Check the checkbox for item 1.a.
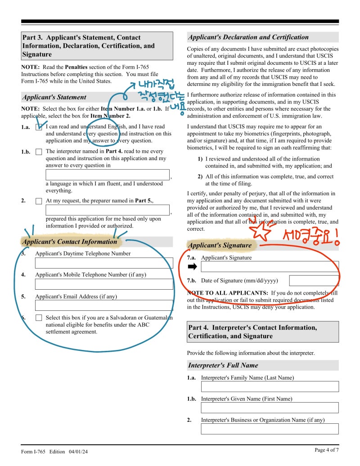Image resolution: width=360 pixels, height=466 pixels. (x=39, y=127)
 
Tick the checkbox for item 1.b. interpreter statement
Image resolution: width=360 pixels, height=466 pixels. (x=39, y=152)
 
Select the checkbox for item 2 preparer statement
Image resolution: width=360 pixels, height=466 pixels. (x=39, y=201)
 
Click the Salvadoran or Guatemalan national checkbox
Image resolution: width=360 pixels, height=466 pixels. (x=39, y=318)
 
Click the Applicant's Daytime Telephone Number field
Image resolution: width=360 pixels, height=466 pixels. (x=104, y=263)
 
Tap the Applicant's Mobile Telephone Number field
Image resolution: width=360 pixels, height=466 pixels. (x=104, y=284)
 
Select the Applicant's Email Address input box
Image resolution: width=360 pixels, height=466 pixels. (x=104, y=305)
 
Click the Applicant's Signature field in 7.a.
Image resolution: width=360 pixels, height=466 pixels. (x=270, y=267)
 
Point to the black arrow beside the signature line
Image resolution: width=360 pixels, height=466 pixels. (x=193, y=267)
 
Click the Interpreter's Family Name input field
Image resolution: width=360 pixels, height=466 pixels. (x=270, y=386)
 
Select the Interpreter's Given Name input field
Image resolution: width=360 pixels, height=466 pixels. (x=270, y=408)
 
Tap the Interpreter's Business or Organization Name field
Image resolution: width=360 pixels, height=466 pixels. (x=270, y=429)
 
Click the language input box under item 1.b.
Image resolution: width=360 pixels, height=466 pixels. (x=108, y=175)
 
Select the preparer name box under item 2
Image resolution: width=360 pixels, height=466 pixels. (x=108, y=210)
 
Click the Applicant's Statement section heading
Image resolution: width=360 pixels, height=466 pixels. (x=54, y=97)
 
